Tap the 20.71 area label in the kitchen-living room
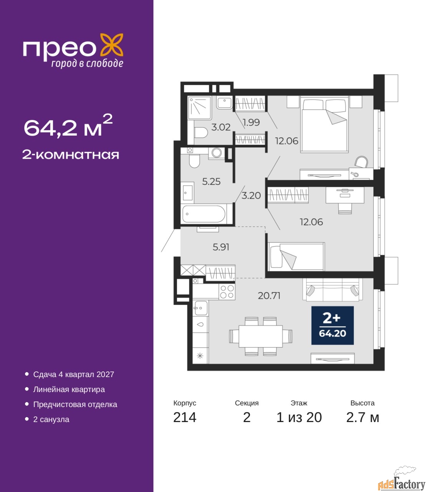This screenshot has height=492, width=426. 269,296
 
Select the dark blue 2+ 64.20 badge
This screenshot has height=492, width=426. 332,326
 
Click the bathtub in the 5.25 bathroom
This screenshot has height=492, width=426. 204,214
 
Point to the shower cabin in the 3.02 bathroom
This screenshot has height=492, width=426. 199,108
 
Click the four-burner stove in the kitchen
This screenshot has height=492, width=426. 227,292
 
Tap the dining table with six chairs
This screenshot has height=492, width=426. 261,336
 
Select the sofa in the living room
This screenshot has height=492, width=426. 333,290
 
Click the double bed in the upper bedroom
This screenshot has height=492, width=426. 325,124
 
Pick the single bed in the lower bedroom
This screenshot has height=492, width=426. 297,257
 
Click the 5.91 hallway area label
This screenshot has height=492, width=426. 221,247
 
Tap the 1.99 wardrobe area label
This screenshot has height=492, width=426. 251,122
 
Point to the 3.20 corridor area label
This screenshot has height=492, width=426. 251,196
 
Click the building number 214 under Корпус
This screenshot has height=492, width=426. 185,417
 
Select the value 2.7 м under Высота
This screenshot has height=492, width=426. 362,417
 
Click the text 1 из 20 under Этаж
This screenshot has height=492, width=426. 299,417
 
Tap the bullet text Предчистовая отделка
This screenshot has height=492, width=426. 75,404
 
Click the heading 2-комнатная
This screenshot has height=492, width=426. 71,155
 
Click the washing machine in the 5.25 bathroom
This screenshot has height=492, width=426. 216,153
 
